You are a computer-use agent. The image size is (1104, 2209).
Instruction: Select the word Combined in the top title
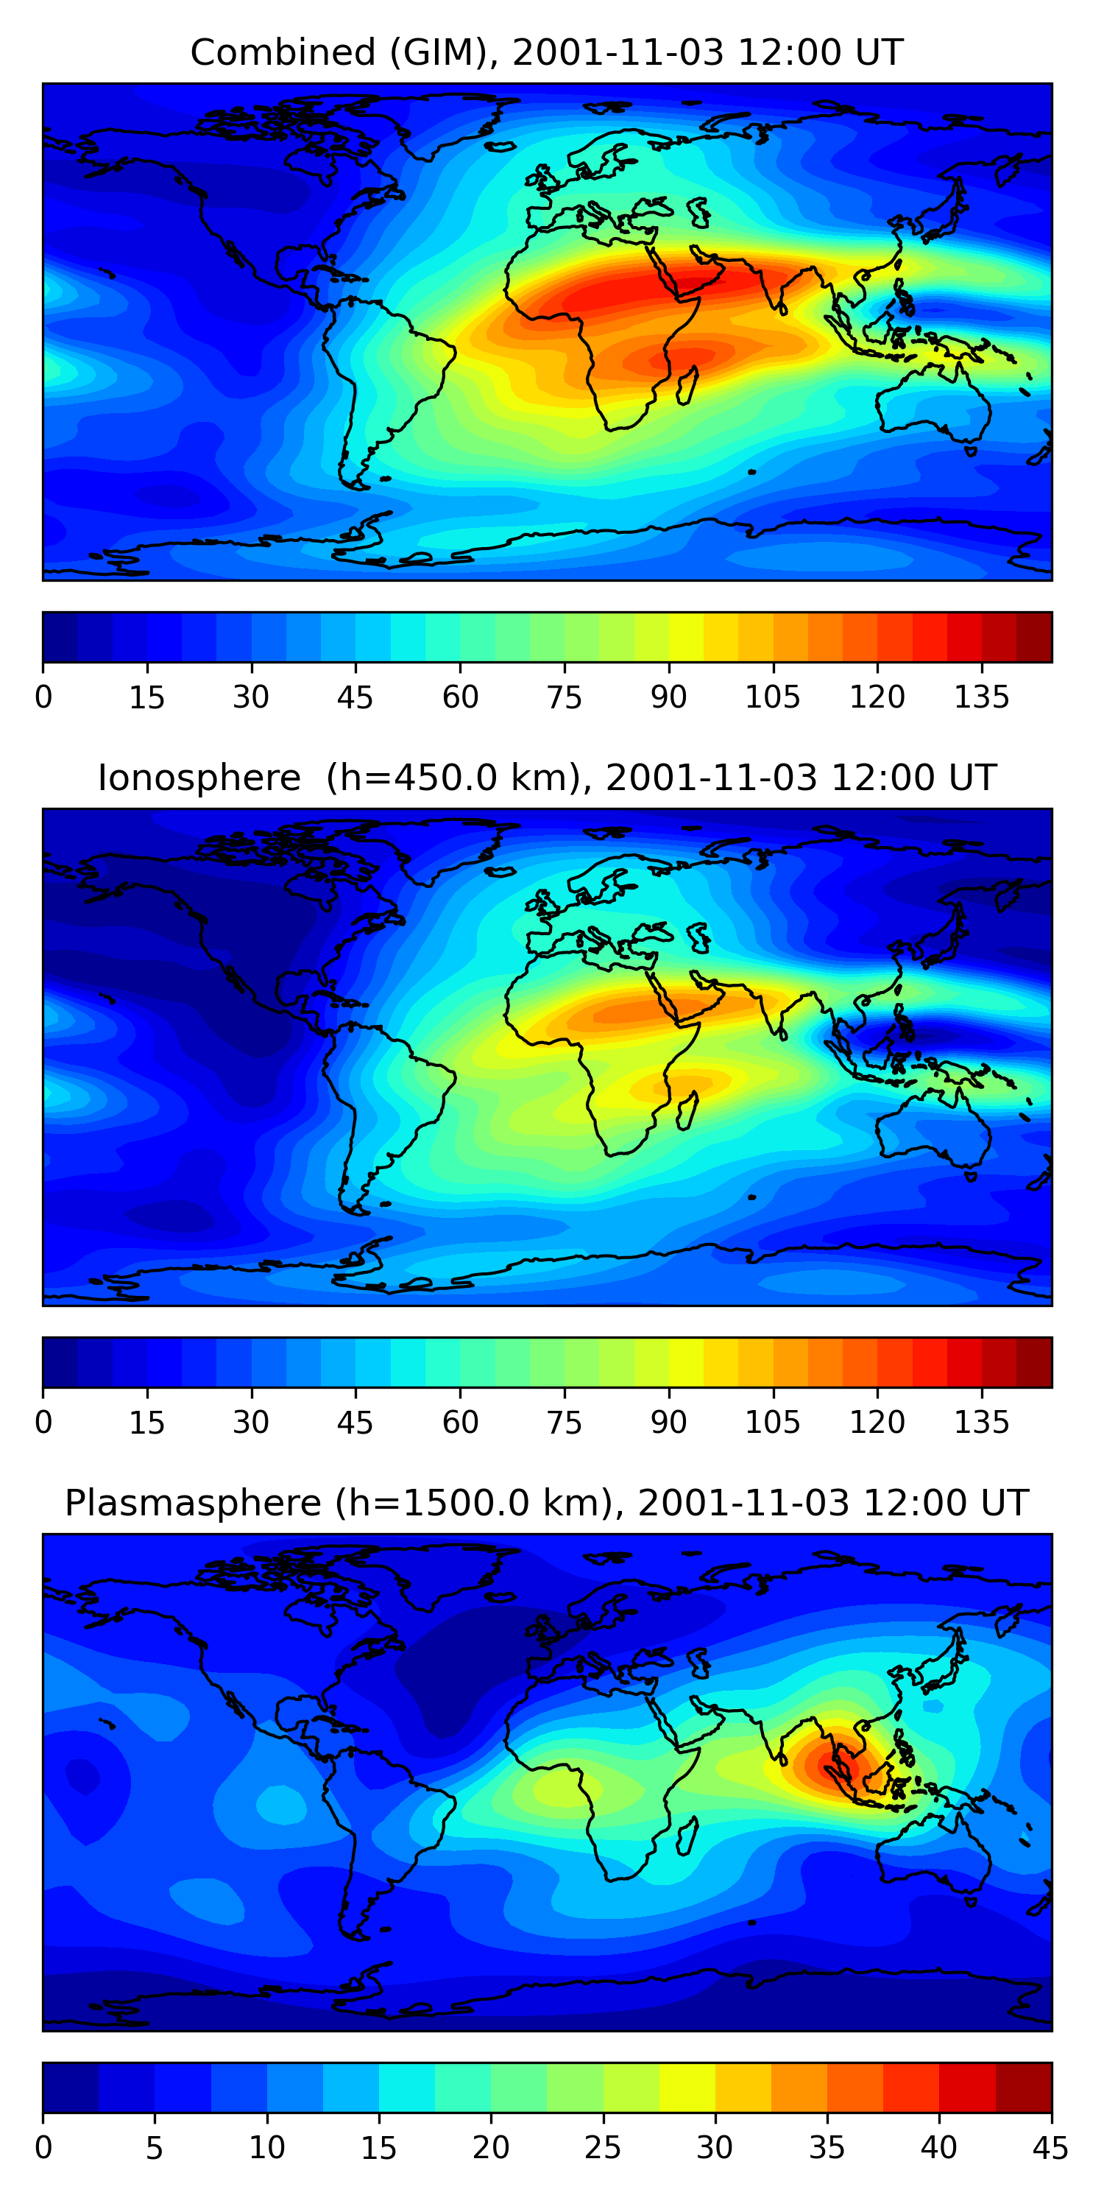coord(282,53)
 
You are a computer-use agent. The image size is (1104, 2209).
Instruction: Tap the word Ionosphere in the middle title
coord(199,778)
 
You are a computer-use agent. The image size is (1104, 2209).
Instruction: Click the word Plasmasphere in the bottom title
coord(192,1504)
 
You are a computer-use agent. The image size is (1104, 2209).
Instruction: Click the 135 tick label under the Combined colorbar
coord(981,697)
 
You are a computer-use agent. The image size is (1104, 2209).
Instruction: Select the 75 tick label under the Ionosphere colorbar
coord(564,1423)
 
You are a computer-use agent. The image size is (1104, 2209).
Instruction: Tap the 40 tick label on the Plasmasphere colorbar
coord(938,2148)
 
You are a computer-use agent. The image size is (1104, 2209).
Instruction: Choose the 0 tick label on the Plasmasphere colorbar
coord(43,2148)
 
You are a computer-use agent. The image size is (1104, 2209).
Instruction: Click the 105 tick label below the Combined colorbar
coord(772,697)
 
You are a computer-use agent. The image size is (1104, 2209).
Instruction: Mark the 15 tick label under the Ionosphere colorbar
coord(146,1423)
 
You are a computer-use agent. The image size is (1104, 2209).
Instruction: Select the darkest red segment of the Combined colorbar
coord(1034,637)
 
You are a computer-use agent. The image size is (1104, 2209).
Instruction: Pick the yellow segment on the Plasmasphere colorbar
coord(687,2088)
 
